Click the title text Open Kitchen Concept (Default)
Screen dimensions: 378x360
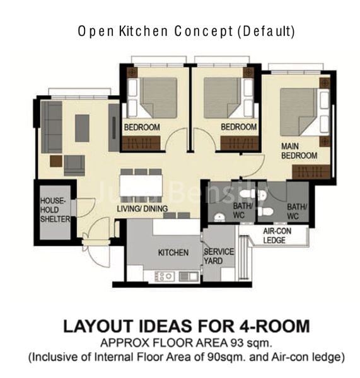tap(186, 30)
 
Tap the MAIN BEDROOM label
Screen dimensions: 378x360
tap(298, 151)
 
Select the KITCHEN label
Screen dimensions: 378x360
tap(173, 253)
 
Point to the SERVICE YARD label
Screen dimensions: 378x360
tap(218, 256)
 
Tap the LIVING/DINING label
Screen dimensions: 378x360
tap(142, 209)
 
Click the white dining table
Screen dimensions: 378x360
tap(141, 185)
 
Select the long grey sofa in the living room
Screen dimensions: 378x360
tap(51, 127)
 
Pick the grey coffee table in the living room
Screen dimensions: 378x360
tap(82, 128)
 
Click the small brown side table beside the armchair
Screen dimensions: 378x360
tap(56, 161)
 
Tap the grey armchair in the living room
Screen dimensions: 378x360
tap(74, 165)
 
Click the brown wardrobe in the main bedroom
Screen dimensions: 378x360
tap(311, 171)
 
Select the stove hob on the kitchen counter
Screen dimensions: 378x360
tap(164, 276)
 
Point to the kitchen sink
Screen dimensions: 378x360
tap(188, 276)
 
